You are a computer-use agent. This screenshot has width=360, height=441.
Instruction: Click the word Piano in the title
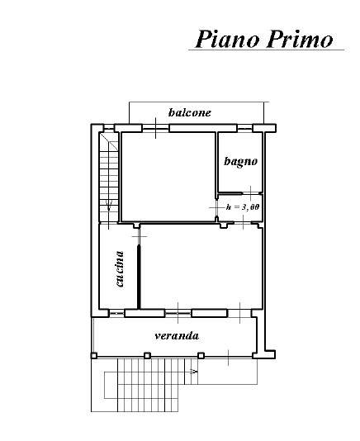[x=227, y=39]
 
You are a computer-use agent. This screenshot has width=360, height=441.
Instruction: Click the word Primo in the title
[x=300, y=39]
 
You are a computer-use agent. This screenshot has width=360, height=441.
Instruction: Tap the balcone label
[x=190, y=112]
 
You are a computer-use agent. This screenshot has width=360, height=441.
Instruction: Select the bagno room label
[x=241, y=162]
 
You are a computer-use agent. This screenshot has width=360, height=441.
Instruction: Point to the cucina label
[x=120, y=268]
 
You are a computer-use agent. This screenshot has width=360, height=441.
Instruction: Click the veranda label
[x=177, y=335]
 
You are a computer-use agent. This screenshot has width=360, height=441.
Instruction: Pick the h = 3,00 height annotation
[x=243, y=207]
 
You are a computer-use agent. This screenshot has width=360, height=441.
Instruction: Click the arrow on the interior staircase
[x=109, y=206]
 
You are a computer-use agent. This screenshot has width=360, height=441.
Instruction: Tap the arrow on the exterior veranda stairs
[x=193, y=372]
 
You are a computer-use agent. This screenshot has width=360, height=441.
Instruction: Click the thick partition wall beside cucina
[x=139, y=277]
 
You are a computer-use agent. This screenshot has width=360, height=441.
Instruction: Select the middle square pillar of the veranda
[x=147, y=355]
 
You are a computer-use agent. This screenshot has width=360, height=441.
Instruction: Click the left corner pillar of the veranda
[x=94, y=356]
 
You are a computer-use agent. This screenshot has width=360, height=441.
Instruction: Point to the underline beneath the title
[x=266, y=50]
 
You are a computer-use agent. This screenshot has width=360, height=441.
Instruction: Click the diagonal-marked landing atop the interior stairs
[x=109, y=141]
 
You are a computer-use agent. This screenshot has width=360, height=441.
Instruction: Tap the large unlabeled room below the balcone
[x=168, y=177]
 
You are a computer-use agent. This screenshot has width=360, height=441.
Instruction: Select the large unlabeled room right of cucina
[x=201, y=267]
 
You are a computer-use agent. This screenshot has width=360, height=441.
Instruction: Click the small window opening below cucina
[x=116, y=313]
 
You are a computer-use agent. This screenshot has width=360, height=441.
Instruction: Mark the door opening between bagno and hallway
[x=251, y=193]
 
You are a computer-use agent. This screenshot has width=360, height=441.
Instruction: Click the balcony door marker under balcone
[x=156, y=128]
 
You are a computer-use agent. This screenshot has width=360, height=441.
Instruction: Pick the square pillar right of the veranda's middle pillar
[x=201, y=355]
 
